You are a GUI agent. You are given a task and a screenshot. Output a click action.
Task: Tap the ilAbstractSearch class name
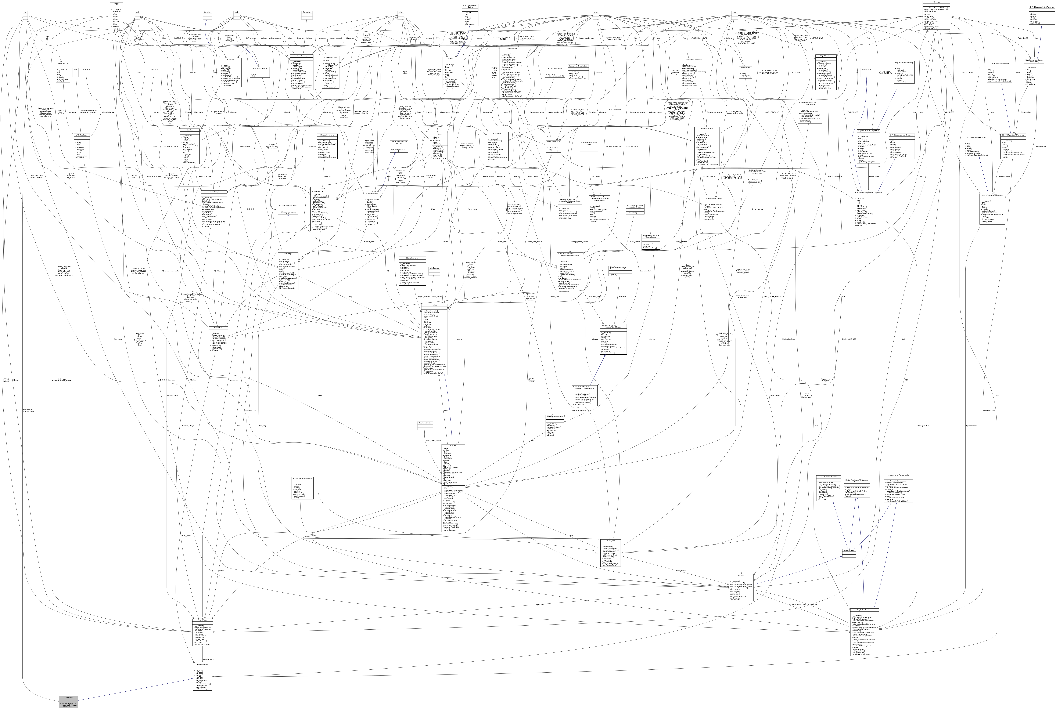[202, 664]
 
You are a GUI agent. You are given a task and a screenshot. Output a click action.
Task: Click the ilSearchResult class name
[202, 619]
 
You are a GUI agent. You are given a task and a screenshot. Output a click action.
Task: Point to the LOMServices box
[434, 268]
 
